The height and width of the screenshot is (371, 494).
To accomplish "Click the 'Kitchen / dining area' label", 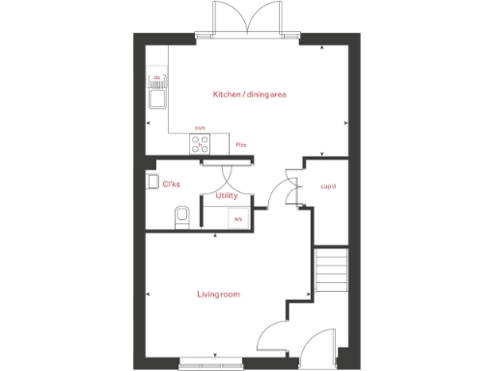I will click(250, 95).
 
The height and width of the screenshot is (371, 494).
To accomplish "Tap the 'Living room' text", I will click(218, 294).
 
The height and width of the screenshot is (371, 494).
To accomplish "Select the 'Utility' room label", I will click(227, 195).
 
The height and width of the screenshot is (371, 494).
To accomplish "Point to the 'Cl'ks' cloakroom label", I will click(172, 184).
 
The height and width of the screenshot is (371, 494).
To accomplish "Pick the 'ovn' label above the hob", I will click(200, 128).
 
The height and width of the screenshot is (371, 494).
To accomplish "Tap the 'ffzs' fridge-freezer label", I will click(241, 145).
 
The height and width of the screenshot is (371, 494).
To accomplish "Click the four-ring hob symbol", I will click(201, 144).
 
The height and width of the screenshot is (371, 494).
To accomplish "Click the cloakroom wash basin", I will click(151, 181).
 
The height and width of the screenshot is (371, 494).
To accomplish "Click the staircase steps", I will click(330, 271).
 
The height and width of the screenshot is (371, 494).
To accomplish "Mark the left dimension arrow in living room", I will click(148, 294).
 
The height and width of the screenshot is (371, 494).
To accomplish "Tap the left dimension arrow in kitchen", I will click(148, 123).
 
